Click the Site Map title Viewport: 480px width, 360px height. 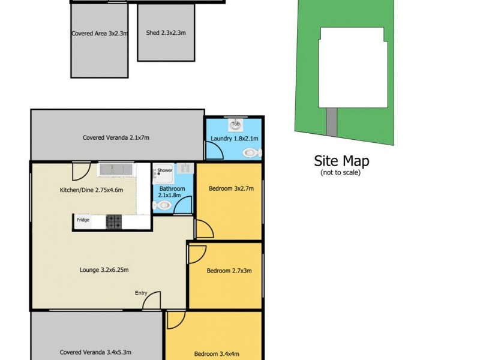(342, 161)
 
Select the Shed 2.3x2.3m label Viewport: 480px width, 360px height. (166, 33)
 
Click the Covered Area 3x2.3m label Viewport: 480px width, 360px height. (100, 34)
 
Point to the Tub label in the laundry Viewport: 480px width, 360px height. (236, 125)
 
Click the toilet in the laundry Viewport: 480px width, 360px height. (251, 153)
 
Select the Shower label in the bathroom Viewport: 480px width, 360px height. (164, 170)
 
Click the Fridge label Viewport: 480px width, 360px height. (83, 220)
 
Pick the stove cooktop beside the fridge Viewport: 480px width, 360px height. (113, 221)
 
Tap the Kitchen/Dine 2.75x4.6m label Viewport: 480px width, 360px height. (91, 190)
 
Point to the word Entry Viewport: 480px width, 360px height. (141, 293)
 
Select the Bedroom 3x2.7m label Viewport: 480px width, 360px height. (231, 189)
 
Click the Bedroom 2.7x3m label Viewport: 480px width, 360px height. (229, 271)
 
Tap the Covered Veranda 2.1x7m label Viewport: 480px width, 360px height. (116, 137)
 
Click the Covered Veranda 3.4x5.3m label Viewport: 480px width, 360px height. (95, 352)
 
